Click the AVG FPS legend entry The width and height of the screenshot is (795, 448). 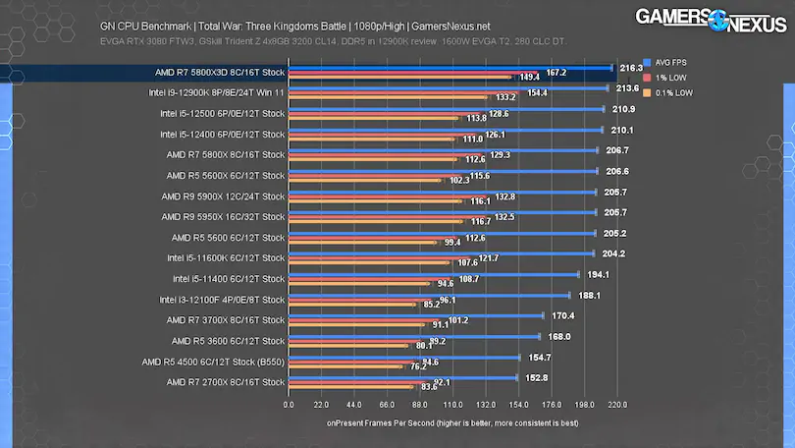point(670,60)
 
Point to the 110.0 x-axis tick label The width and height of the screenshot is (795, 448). point(452,404)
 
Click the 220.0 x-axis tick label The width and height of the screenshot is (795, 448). point(617,404)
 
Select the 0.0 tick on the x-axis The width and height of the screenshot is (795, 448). point(288,404)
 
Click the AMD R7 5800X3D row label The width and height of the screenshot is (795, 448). point(219,73)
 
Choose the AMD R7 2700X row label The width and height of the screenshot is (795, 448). point(220,382)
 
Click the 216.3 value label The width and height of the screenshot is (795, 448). point(631,67)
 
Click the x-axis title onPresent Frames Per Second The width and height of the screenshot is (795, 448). point(451,424)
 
